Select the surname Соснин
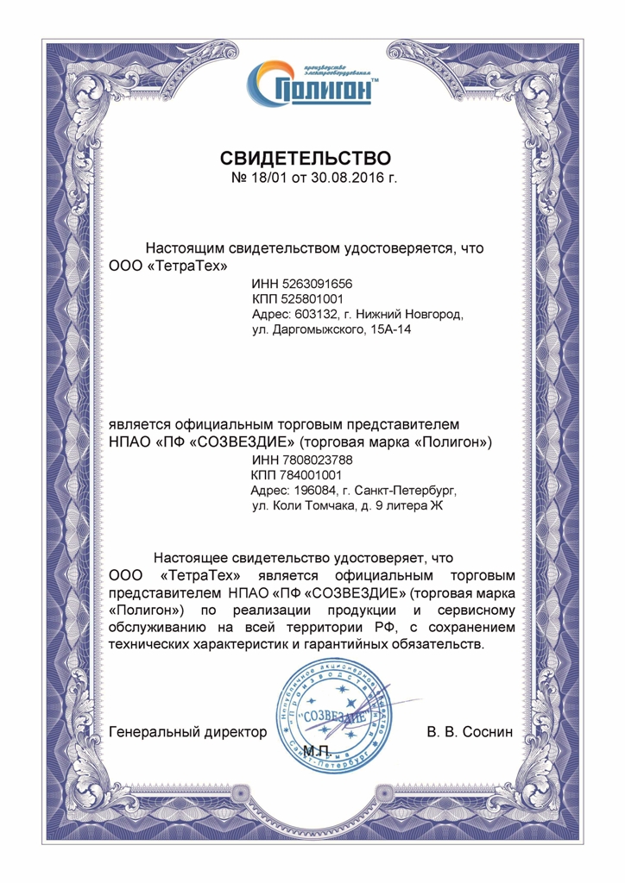(x=489, y=732)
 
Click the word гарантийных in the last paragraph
(x=346, y=644)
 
